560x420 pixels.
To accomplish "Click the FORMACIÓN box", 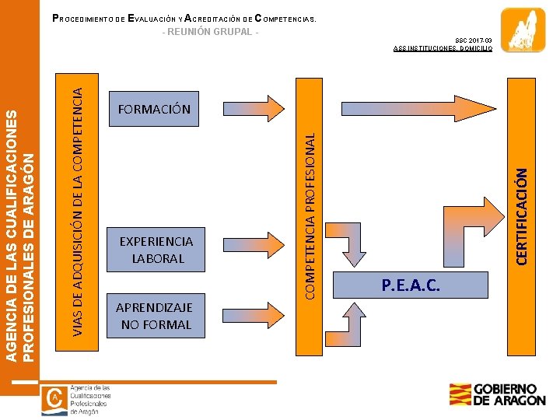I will click(154, 110).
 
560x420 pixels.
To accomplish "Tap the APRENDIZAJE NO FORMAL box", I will click(154, 315).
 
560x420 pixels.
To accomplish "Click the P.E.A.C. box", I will click(411, 286).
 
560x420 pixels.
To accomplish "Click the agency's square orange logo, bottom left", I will click(54, 398).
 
